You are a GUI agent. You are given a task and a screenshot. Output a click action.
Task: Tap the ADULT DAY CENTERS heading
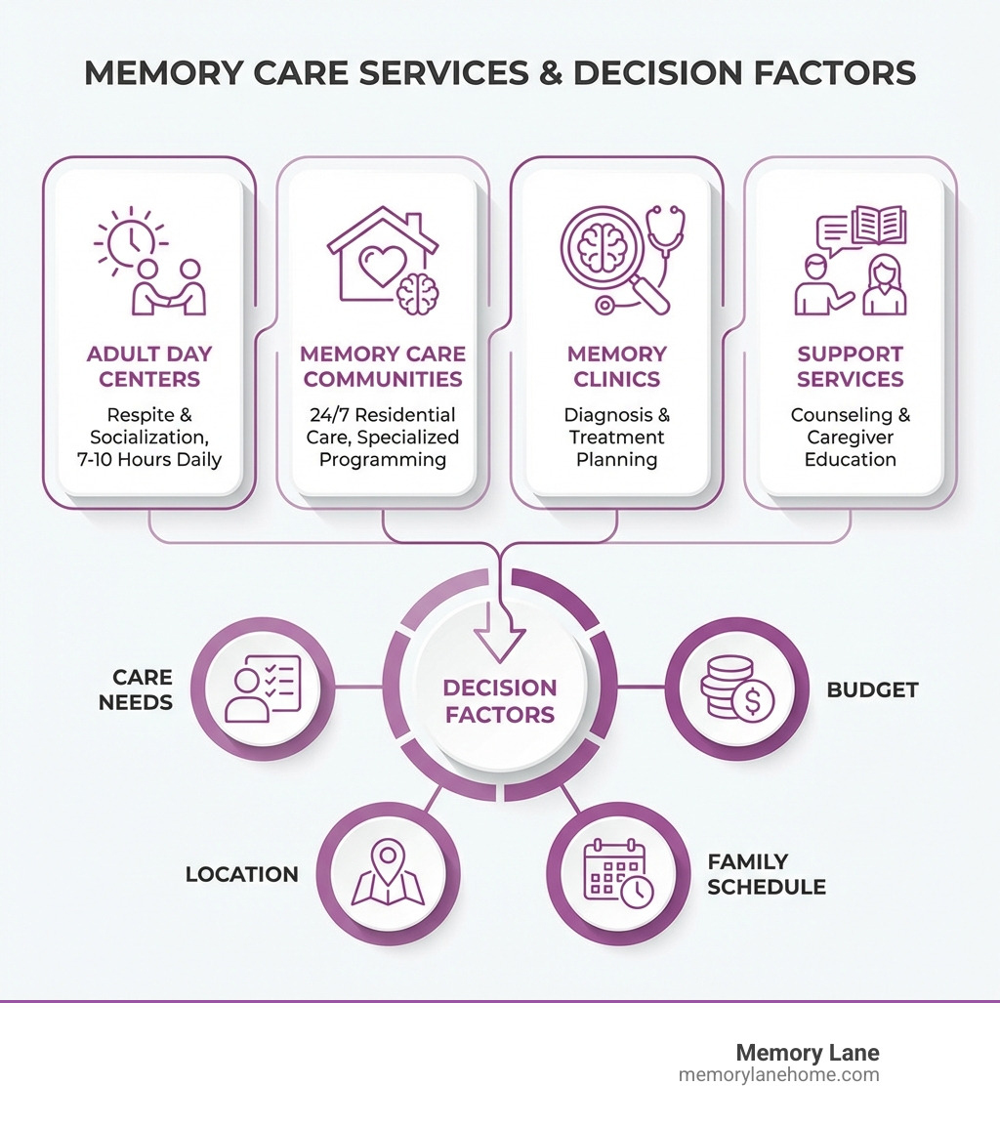pyautogui.click(x=149, y=366)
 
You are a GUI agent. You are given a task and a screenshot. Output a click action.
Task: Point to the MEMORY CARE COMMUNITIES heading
pyautogui.click(x=382, y=366)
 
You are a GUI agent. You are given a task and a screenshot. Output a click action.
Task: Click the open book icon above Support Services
pyautogui.click(x=879, y=226)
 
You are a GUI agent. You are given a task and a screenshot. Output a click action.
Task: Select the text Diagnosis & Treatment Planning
pyautogui.click(x=616, y=437)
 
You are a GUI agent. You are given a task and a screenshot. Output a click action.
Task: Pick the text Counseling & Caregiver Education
pyautogui.click(x=850, y=437)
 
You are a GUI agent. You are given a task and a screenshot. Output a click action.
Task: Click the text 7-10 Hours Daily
pyautogui.click(x=149, y=459)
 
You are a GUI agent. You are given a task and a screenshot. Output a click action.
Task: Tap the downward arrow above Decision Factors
pyautogui.click(x=499, y=640)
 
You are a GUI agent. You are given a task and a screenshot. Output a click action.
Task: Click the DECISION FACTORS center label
pyautogui.click(x=499, y=701)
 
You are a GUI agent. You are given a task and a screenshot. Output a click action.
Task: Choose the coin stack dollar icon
pyautogui.click(x=736, y=689)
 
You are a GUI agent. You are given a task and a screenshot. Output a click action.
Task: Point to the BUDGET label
pyautogui.click(x=872, y=689)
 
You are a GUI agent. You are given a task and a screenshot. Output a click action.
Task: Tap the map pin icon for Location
pyautogui.click(x=388, y=874)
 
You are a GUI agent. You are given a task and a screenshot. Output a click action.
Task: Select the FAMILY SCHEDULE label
pyautogui.click(x=767, y=874)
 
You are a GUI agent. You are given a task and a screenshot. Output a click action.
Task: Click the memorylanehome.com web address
pyautogui.click(x=778, y=1075)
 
